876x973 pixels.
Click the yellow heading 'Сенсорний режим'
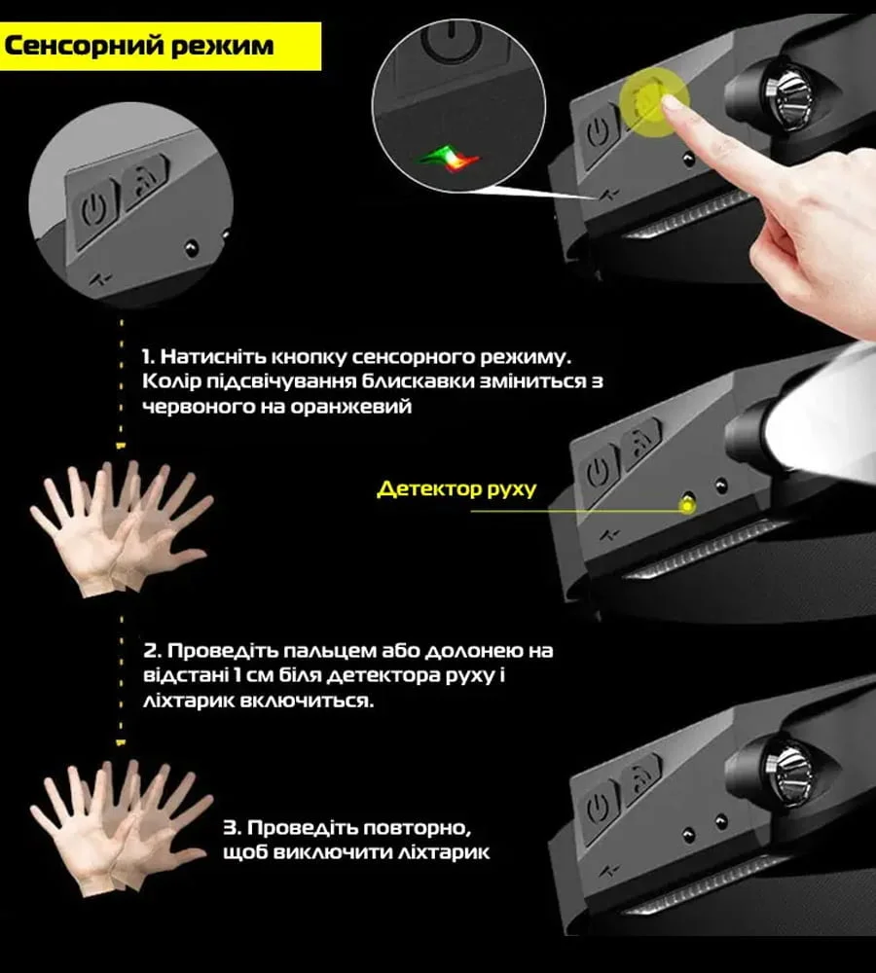[x=138, y=46]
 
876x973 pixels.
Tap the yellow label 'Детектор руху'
[x=456, y=489]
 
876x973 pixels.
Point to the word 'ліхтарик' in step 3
[x=443, y=852]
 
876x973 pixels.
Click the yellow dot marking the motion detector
[x=686, y=506]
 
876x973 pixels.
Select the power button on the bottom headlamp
[x=599, y=808]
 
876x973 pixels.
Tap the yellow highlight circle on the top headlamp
[x=654, y=102]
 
